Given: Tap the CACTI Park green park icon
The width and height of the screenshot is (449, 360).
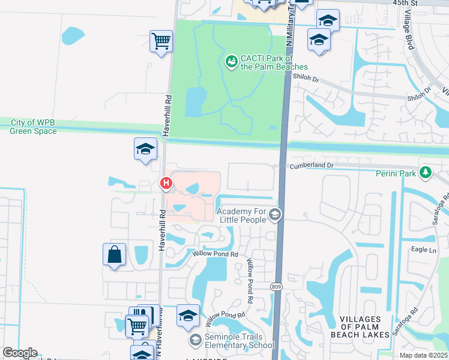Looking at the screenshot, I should pos(231,61).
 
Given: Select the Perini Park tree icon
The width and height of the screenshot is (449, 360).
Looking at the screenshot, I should pos(426,173).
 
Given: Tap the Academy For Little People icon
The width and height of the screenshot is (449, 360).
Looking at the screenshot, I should pos(276,215).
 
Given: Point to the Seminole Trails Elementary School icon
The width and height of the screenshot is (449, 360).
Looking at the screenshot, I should pos(195,340).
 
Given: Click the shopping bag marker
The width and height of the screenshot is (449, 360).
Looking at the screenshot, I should pos(114,254).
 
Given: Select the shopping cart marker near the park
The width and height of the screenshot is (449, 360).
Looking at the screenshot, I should pos(161,41).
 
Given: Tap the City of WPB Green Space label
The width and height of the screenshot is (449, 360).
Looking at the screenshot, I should pos(34,127).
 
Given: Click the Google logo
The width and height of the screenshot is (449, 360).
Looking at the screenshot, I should pos(20,353).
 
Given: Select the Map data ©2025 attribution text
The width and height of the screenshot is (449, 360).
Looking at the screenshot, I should pos(424,355).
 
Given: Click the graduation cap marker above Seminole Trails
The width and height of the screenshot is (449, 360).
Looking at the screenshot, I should pos(188,316).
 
